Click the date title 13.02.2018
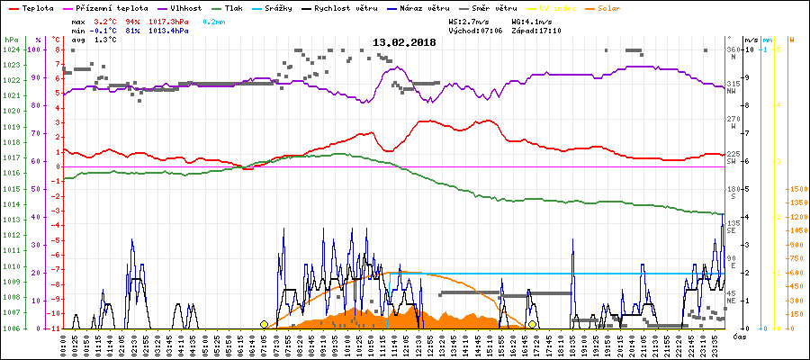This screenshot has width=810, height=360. [404, 42]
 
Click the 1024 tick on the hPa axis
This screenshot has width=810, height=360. [11, 49]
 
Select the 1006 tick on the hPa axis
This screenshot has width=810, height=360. [11, 328]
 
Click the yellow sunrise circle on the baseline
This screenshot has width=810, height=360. [264, 324]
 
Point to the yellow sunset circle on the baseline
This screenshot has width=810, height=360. [533, 324]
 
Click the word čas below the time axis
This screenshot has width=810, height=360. [738, 336]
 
